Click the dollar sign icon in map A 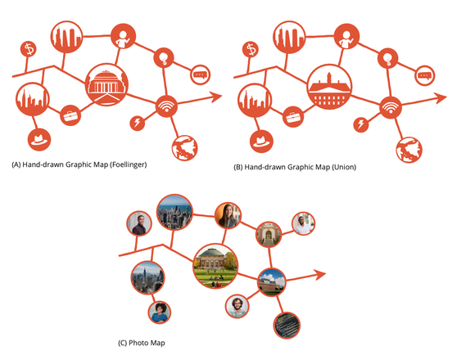pyautogui.click(x=29, y=49)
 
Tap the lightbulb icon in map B pyautogui.click(x=387, y=58)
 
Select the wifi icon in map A pyautogui.click(x=166, y=106)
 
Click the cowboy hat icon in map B pyautogui.click(x=261, y=141)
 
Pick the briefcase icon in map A pyautogui.click(x=70, y=115)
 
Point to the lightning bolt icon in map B pyautogui.click(x=361, y=124)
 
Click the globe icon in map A pyautogui.click(x=184, y=148)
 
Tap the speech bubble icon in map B pyautogui.click(x=425, y=75)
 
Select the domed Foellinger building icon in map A pyautogui.click(x=106, y=84)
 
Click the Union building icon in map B pyautogui.click(x=329, y=87)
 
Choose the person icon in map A pyautogui.click(x=123, y=36)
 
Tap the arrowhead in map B pyautogui.click(x=441, y=98)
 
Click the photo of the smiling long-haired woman pyautogui.click(x=228, y=215)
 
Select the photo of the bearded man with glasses pyautogui.click(x=237, y=306)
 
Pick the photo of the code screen pyautogui.click(x=287, y=326)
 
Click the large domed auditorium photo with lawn pyautogui.click(x=215, y=266)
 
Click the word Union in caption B pyautogui.click(x=344, y=167)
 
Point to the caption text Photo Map pyautogui.click(x=147, y=343)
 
